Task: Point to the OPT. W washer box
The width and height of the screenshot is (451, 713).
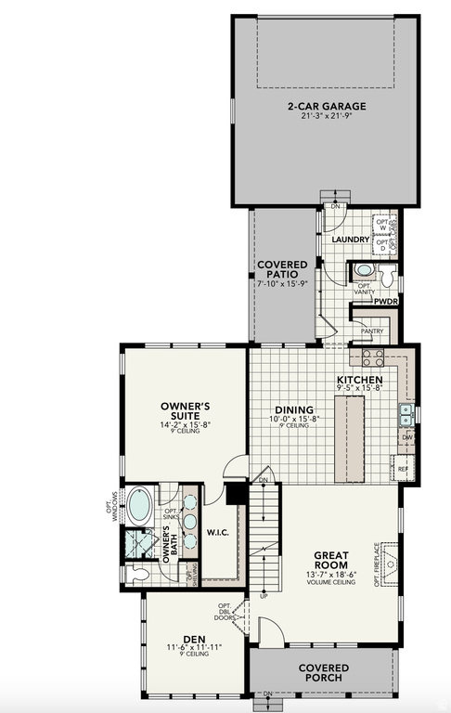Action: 382,225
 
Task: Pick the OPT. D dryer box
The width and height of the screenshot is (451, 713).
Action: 382,246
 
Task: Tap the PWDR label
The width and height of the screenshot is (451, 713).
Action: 386,302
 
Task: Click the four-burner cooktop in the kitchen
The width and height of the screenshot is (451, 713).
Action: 372,357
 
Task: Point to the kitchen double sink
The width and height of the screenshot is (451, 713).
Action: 406,410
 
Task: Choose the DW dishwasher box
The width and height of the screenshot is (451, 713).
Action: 407,436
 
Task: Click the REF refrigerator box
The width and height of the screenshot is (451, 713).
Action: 403,469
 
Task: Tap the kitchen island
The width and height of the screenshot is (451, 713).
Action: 355,442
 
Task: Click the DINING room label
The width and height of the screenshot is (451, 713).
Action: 294,409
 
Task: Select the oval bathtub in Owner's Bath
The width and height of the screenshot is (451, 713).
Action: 140,505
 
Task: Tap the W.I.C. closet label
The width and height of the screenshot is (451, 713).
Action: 218,533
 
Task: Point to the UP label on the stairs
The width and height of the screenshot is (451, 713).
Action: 264,596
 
